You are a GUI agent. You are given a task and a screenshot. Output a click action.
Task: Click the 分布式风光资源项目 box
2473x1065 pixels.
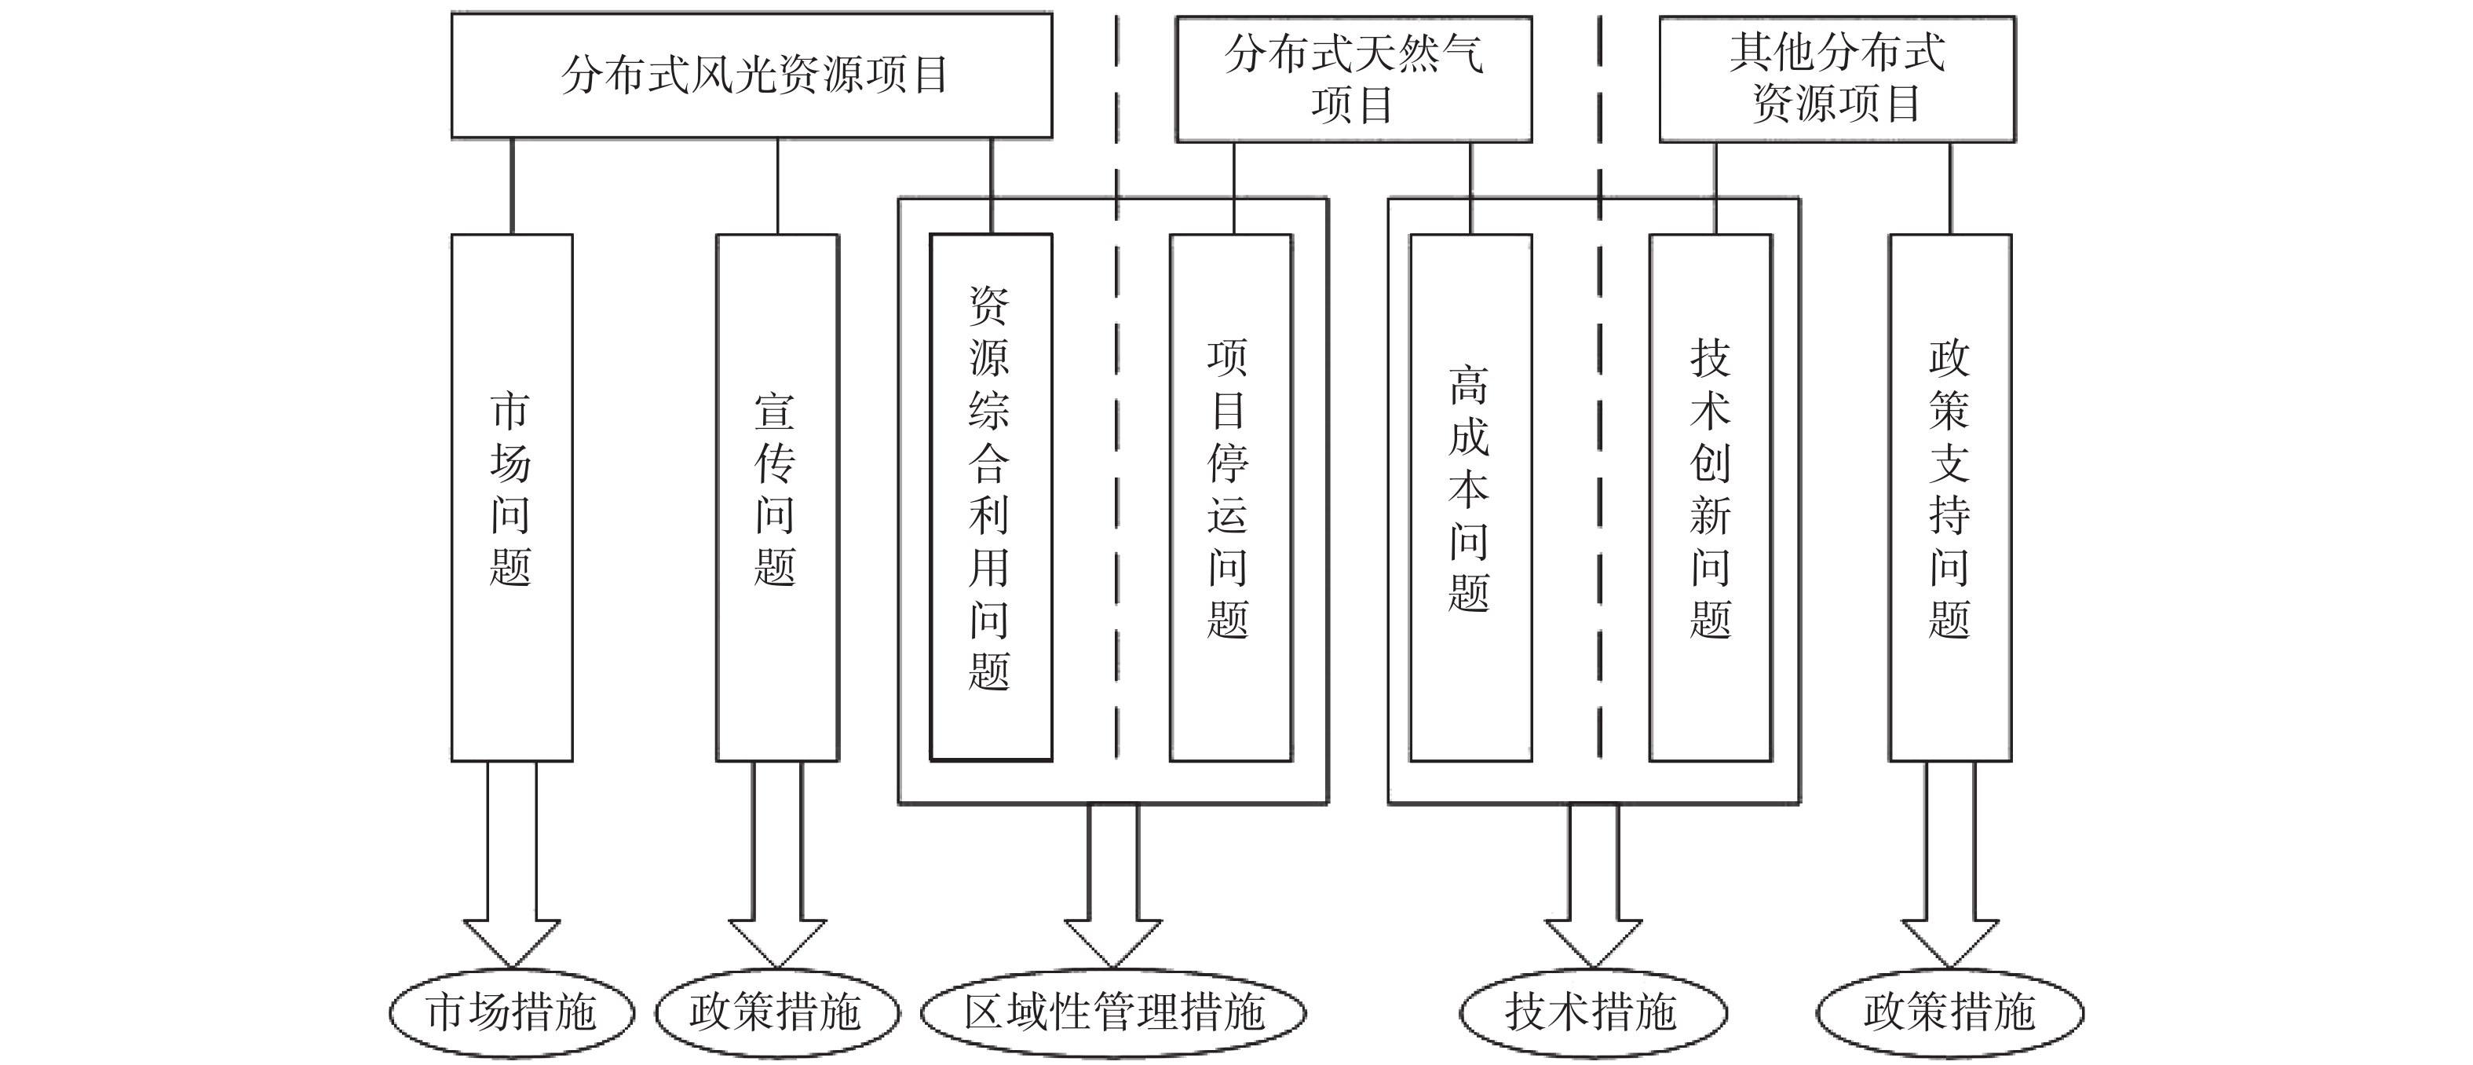[x=751, y=75]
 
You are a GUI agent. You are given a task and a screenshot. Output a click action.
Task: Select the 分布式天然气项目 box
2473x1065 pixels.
[x=1353, y=79]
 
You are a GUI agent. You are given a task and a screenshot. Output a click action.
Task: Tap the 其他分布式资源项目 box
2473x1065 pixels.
[x=1836, y=79]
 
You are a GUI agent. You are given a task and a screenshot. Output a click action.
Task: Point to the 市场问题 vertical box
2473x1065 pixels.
[x=512, y=497]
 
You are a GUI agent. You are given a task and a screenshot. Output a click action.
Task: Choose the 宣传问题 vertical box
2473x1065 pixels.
[x=776, y=497]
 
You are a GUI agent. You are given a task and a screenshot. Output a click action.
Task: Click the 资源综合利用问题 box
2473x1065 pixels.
[x=991, y=497]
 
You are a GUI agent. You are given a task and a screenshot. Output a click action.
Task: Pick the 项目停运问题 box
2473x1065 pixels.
[x=1231, y=497]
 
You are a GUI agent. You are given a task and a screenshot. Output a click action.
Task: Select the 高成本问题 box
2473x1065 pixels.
[x=1470, y=497]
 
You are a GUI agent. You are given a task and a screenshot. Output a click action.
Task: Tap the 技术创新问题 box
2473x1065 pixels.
[x=1711, y=497]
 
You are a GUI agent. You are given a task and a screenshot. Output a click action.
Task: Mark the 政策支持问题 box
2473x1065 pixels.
[x=1950, y=497]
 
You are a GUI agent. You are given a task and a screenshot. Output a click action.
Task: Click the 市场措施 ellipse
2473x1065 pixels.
[x=512, y=1012]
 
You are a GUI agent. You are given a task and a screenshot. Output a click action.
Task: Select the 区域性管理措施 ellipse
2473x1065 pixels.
[x=1113, y=1012]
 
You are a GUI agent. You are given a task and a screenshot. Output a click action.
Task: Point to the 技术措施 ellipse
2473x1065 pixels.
[x=1593, y=1012]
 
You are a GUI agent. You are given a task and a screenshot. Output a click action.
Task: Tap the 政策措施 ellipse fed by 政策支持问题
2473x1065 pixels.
[x=1950, y=1012]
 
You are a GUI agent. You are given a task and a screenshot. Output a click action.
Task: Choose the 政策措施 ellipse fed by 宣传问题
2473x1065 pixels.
[x=776, y=1012]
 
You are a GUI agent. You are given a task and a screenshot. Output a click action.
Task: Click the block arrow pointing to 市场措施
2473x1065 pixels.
[x=512, y=864]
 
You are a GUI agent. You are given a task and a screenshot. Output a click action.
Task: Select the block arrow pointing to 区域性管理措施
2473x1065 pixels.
[x=1113, y=885]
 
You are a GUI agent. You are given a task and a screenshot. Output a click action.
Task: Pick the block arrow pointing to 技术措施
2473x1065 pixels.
[x=1593, y=885]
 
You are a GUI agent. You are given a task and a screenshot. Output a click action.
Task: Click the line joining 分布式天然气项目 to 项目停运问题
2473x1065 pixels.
[x=1233, y=188]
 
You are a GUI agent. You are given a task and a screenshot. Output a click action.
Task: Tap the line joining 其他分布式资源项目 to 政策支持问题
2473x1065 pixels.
[x=1950, y=188]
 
